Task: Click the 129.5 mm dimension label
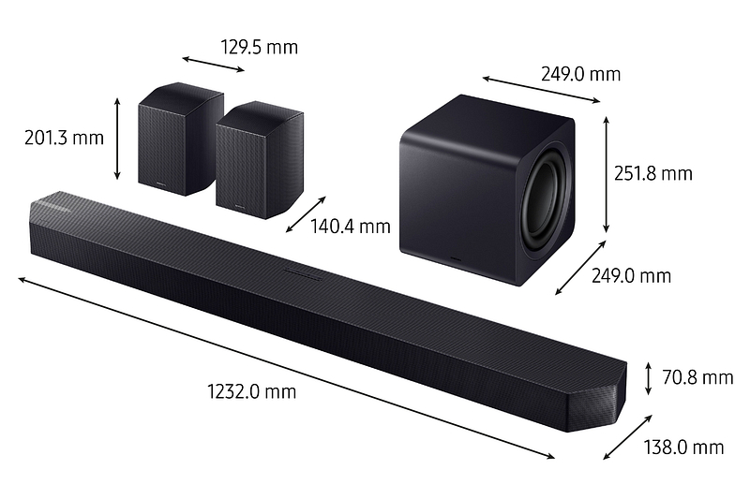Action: tap(259, 45)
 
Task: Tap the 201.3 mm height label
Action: tap(63, 138)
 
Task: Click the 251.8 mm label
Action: tap(653, 173)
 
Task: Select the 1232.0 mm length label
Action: tap(251, 391)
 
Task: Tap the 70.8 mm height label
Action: tap(697, 377)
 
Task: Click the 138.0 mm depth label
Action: tap(683, 447)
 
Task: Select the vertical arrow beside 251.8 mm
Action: tap(607, 174)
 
